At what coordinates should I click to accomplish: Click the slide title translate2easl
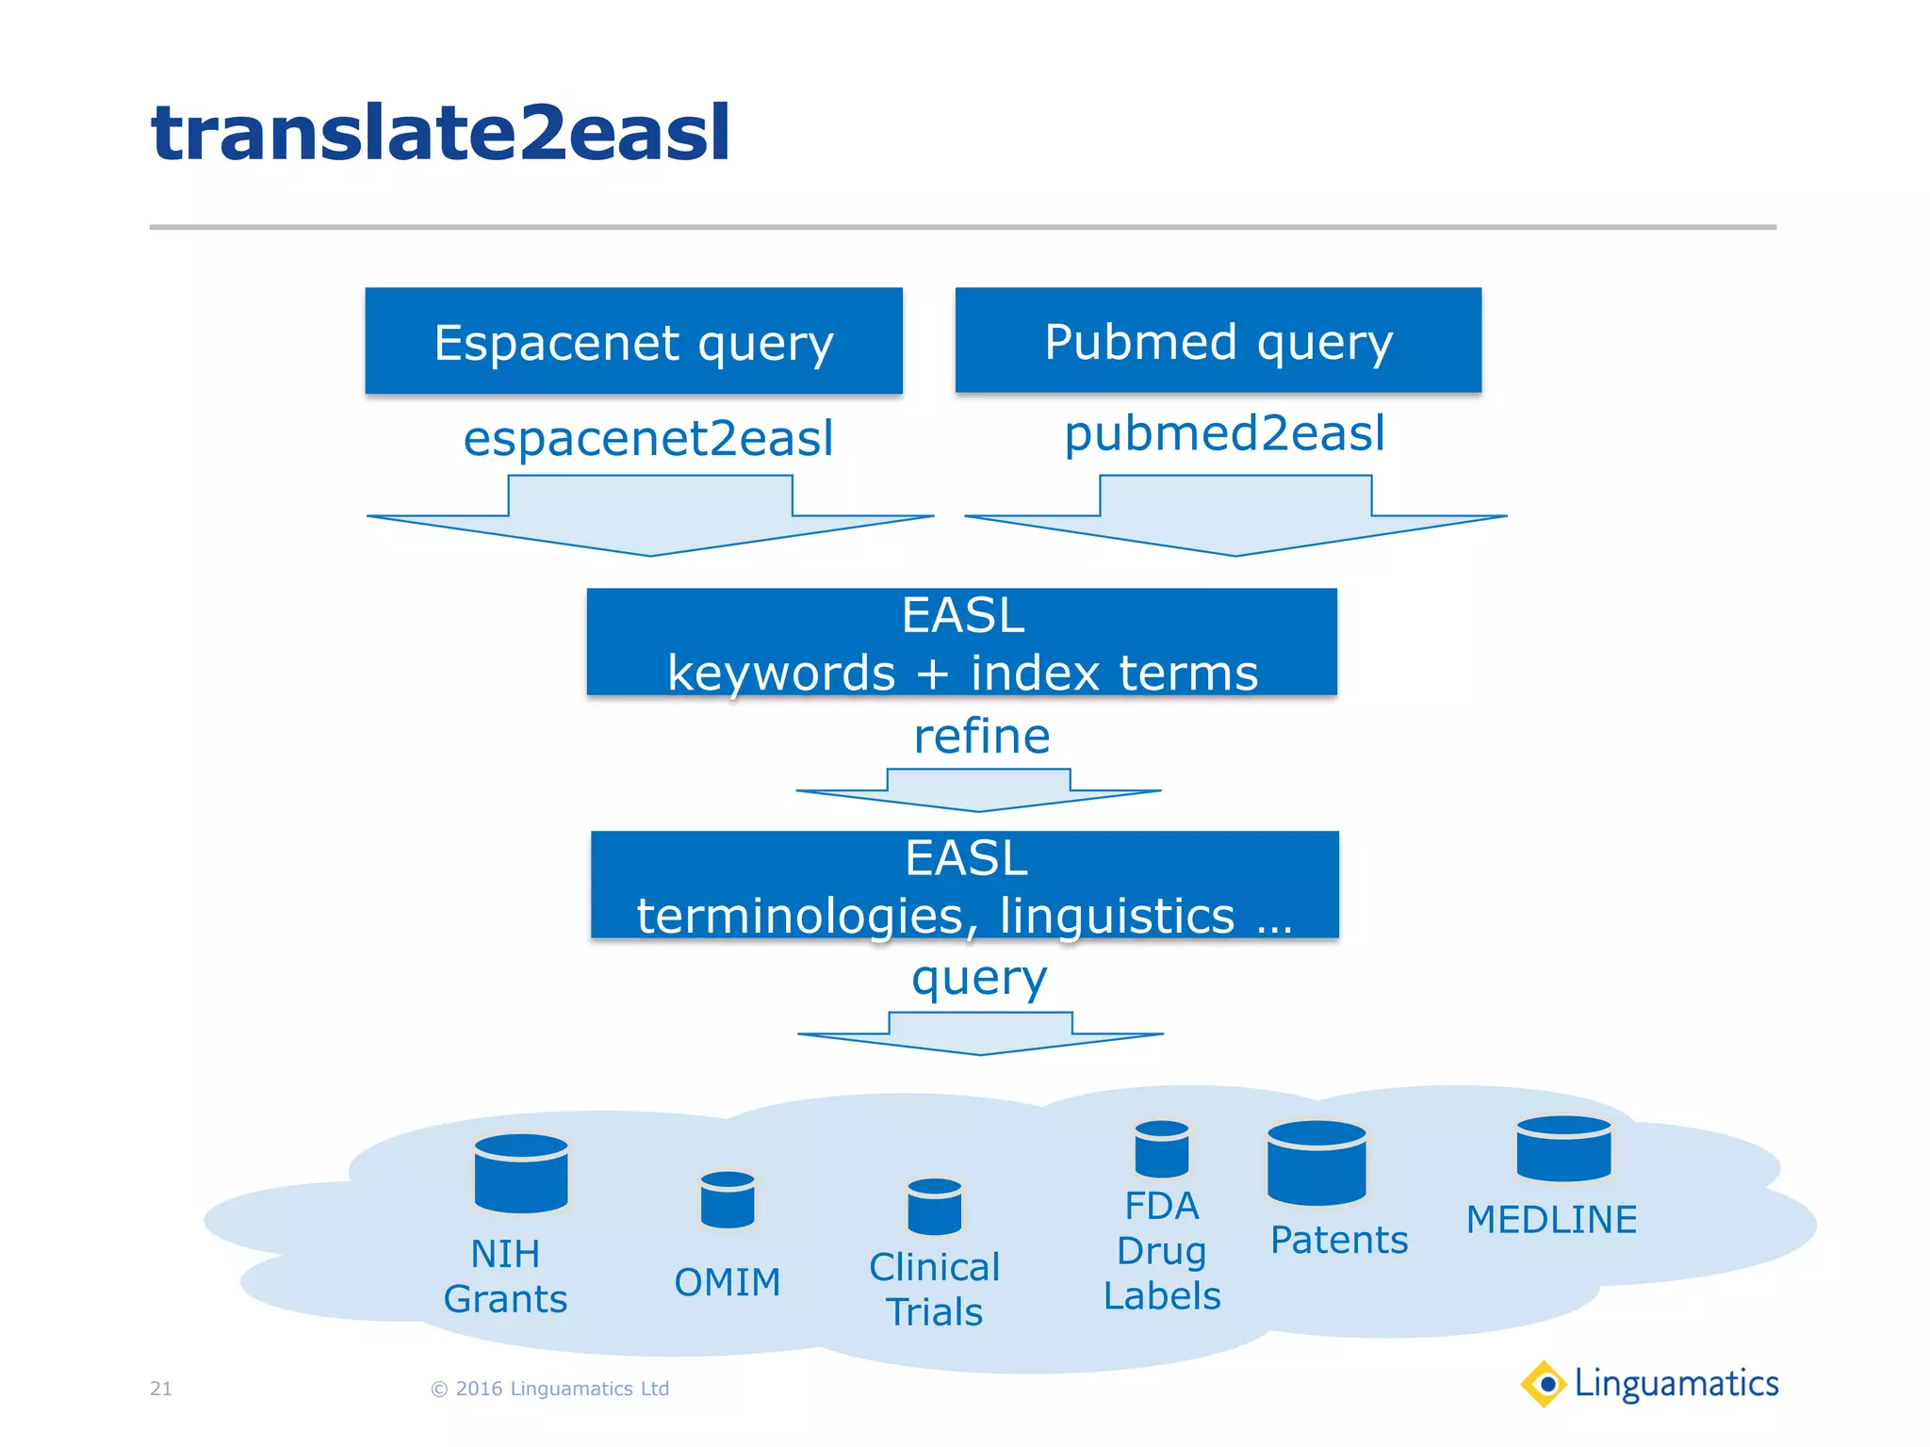pyautogui.click(x=440, y=133)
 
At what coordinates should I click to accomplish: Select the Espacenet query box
pyautogui.click(x=633, y=341)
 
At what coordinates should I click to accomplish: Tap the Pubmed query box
pyautogui.click(x=1218, y=340)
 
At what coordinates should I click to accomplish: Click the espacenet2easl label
pyautogui.click(x=648, y=438)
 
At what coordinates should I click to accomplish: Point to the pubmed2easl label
pyautogui.click(x=1224, y=433)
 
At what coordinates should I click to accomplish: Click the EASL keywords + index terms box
pyautogui.click(x=961, y=642)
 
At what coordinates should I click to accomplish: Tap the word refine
pyautogui.click(x=982, y=736)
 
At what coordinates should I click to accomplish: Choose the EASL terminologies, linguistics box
pyautogui.click(x=964, y=885)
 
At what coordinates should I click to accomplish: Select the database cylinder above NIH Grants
pyautogui.click(x=521, y=1173)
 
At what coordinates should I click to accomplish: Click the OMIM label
pyautogui.click(x=728, y=1282)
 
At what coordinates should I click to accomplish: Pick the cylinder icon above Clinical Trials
pyautogui.click(x=934, y=1206)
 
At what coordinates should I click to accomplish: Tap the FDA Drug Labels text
pyautogui.click(x=1161, y=1250)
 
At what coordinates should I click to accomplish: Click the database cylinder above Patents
pyautogui.click(x=1317, y=1162)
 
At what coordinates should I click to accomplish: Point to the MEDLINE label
pyautogui.click(x=1551, y=1220)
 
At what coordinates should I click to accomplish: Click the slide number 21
pyautogui.click(x=161, y=1389)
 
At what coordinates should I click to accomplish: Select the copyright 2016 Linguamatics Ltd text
pyautogui.click(x=549, y=1389)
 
